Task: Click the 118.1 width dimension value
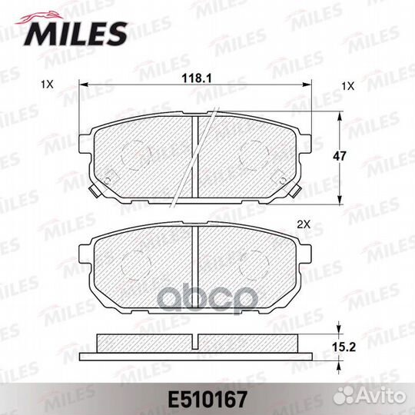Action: tap(197, 78)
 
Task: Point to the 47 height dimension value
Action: tap(340, 156)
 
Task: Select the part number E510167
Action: tap(207, 400)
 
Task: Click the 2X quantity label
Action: tap(304, 225)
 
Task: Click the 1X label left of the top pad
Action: tap(47, 85)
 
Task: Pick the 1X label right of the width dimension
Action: tap(347, 86)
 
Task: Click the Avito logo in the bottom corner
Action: tap(370, 397)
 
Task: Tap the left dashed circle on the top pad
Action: tap(136, 155)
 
